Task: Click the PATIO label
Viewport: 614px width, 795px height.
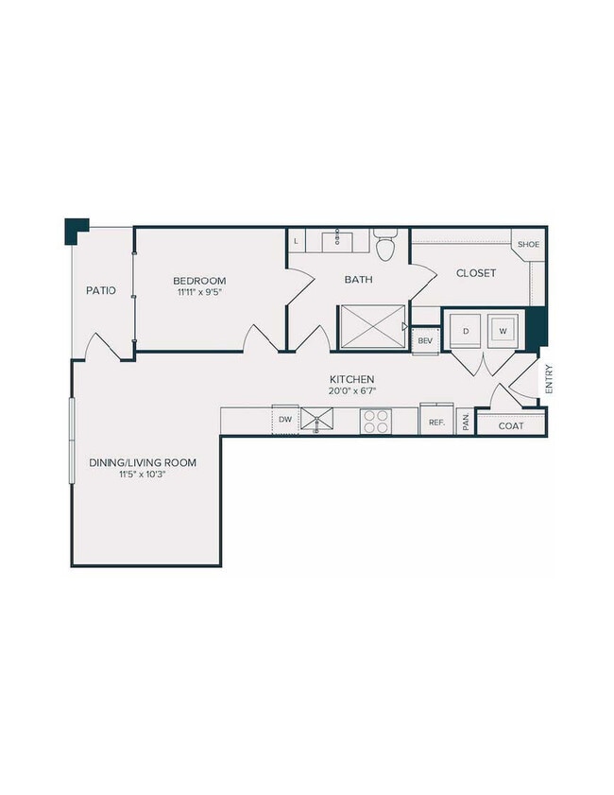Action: coord(101,290)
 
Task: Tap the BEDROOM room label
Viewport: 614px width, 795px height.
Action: coord(199,281)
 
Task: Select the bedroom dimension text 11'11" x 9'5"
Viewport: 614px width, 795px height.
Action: coord(199,293)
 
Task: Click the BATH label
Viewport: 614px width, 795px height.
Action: coord(358,280)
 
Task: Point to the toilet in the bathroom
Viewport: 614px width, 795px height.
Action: coord(384,247)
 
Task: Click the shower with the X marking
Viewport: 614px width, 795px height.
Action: coord(372,327)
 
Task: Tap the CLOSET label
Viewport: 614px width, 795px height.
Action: coord(476,273)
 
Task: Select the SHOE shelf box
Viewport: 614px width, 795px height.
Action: coord(526,244)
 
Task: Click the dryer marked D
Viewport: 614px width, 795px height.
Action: coord(467,331)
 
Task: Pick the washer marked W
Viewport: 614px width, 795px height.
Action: coord(503,331)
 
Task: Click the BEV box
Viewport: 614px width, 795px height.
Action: coord(425,340)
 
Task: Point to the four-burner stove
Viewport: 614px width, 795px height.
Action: coord(376,421)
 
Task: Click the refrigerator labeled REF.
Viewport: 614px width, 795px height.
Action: coord(436,422)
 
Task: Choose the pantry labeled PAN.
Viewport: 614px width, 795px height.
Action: coord(466,423)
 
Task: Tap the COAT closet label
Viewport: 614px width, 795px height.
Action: coord(510,425)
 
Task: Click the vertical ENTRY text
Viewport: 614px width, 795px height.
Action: coord(548,380)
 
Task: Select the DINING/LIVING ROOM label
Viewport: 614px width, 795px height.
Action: coord(143,462)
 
